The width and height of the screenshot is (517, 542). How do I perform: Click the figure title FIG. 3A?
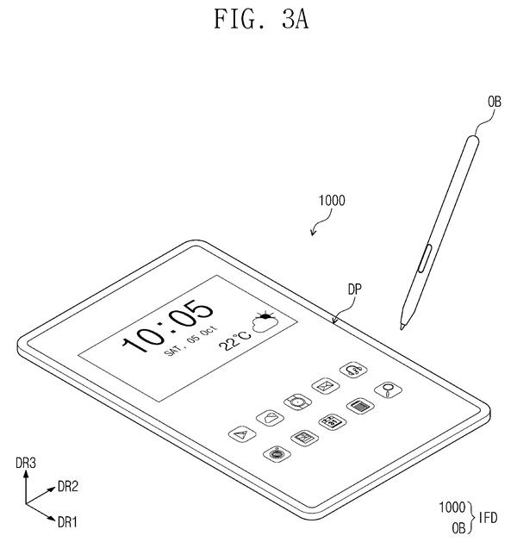click(x=261, y=19)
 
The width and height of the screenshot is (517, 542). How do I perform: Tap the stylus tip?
click(x=402, y=327)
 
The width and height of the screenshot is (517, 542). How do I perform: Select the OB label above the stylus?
click(x=495, y=102)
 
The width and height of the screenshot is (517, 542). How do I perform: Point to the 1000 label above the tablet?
click(x=332, y=201)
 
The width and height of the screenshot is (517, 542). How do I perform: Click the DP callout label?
click(x=354, y=290)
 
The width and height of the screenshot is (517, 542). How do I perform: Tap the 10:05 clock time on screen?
click(x=168, y=327)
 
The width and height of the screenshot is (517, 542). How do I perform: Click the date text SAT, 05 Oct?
click(x=190, y=340)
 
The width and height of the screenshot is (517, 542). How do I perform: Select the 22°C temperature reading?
click(x=235, y=341)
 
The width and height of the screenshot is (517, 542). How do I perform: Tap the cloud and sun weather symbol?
click(x=265, y=321)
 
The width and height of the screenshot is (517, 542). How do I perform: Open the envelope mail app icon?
click(x=325, y=386)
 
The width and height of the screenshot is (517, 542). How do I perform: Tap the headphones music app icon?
click(x=353, y=371)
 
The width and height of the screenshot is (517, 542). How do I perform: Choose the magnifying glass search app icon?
click(x=388, y=389)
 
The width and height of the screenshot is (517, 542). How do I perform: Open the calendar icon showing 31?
click(x=332, y=422)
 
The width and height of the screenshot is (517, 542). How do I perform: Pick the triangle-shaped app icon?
click(x=242, y=434)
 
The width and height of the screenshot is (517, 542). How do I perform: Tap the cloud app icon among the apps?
click(x=270, y=418)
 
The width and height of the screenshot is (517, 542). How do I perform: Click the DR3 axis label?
click(x=26, y=463)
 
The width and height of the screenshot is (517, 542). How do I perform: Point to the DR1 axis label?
click(x=67, y=522)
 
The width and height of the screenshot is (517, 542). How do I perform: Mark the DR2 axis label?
click(x=68, y=487)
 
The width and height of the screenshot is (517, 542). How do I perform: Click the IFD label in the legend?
click(x=488, y=518)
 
